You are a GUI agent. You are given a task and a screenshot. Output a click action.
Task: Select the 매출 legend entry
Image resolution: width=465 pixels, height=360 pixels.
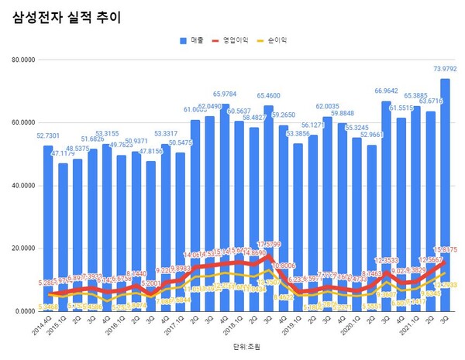click(x=197, y=38)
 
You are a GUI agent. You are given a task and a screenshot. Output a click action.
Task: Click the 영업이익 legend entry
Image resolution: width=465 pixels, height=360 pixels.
click(x=236, y=38)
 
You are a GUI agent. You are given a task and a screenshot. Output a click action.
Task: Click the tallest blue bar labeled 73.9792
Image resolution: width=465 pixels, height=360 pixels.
click(x=446, y=194)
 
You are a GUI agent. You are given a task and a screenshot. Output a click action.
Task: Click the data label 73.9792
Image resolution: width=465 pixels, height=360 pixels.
click(x=444, y=70)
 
